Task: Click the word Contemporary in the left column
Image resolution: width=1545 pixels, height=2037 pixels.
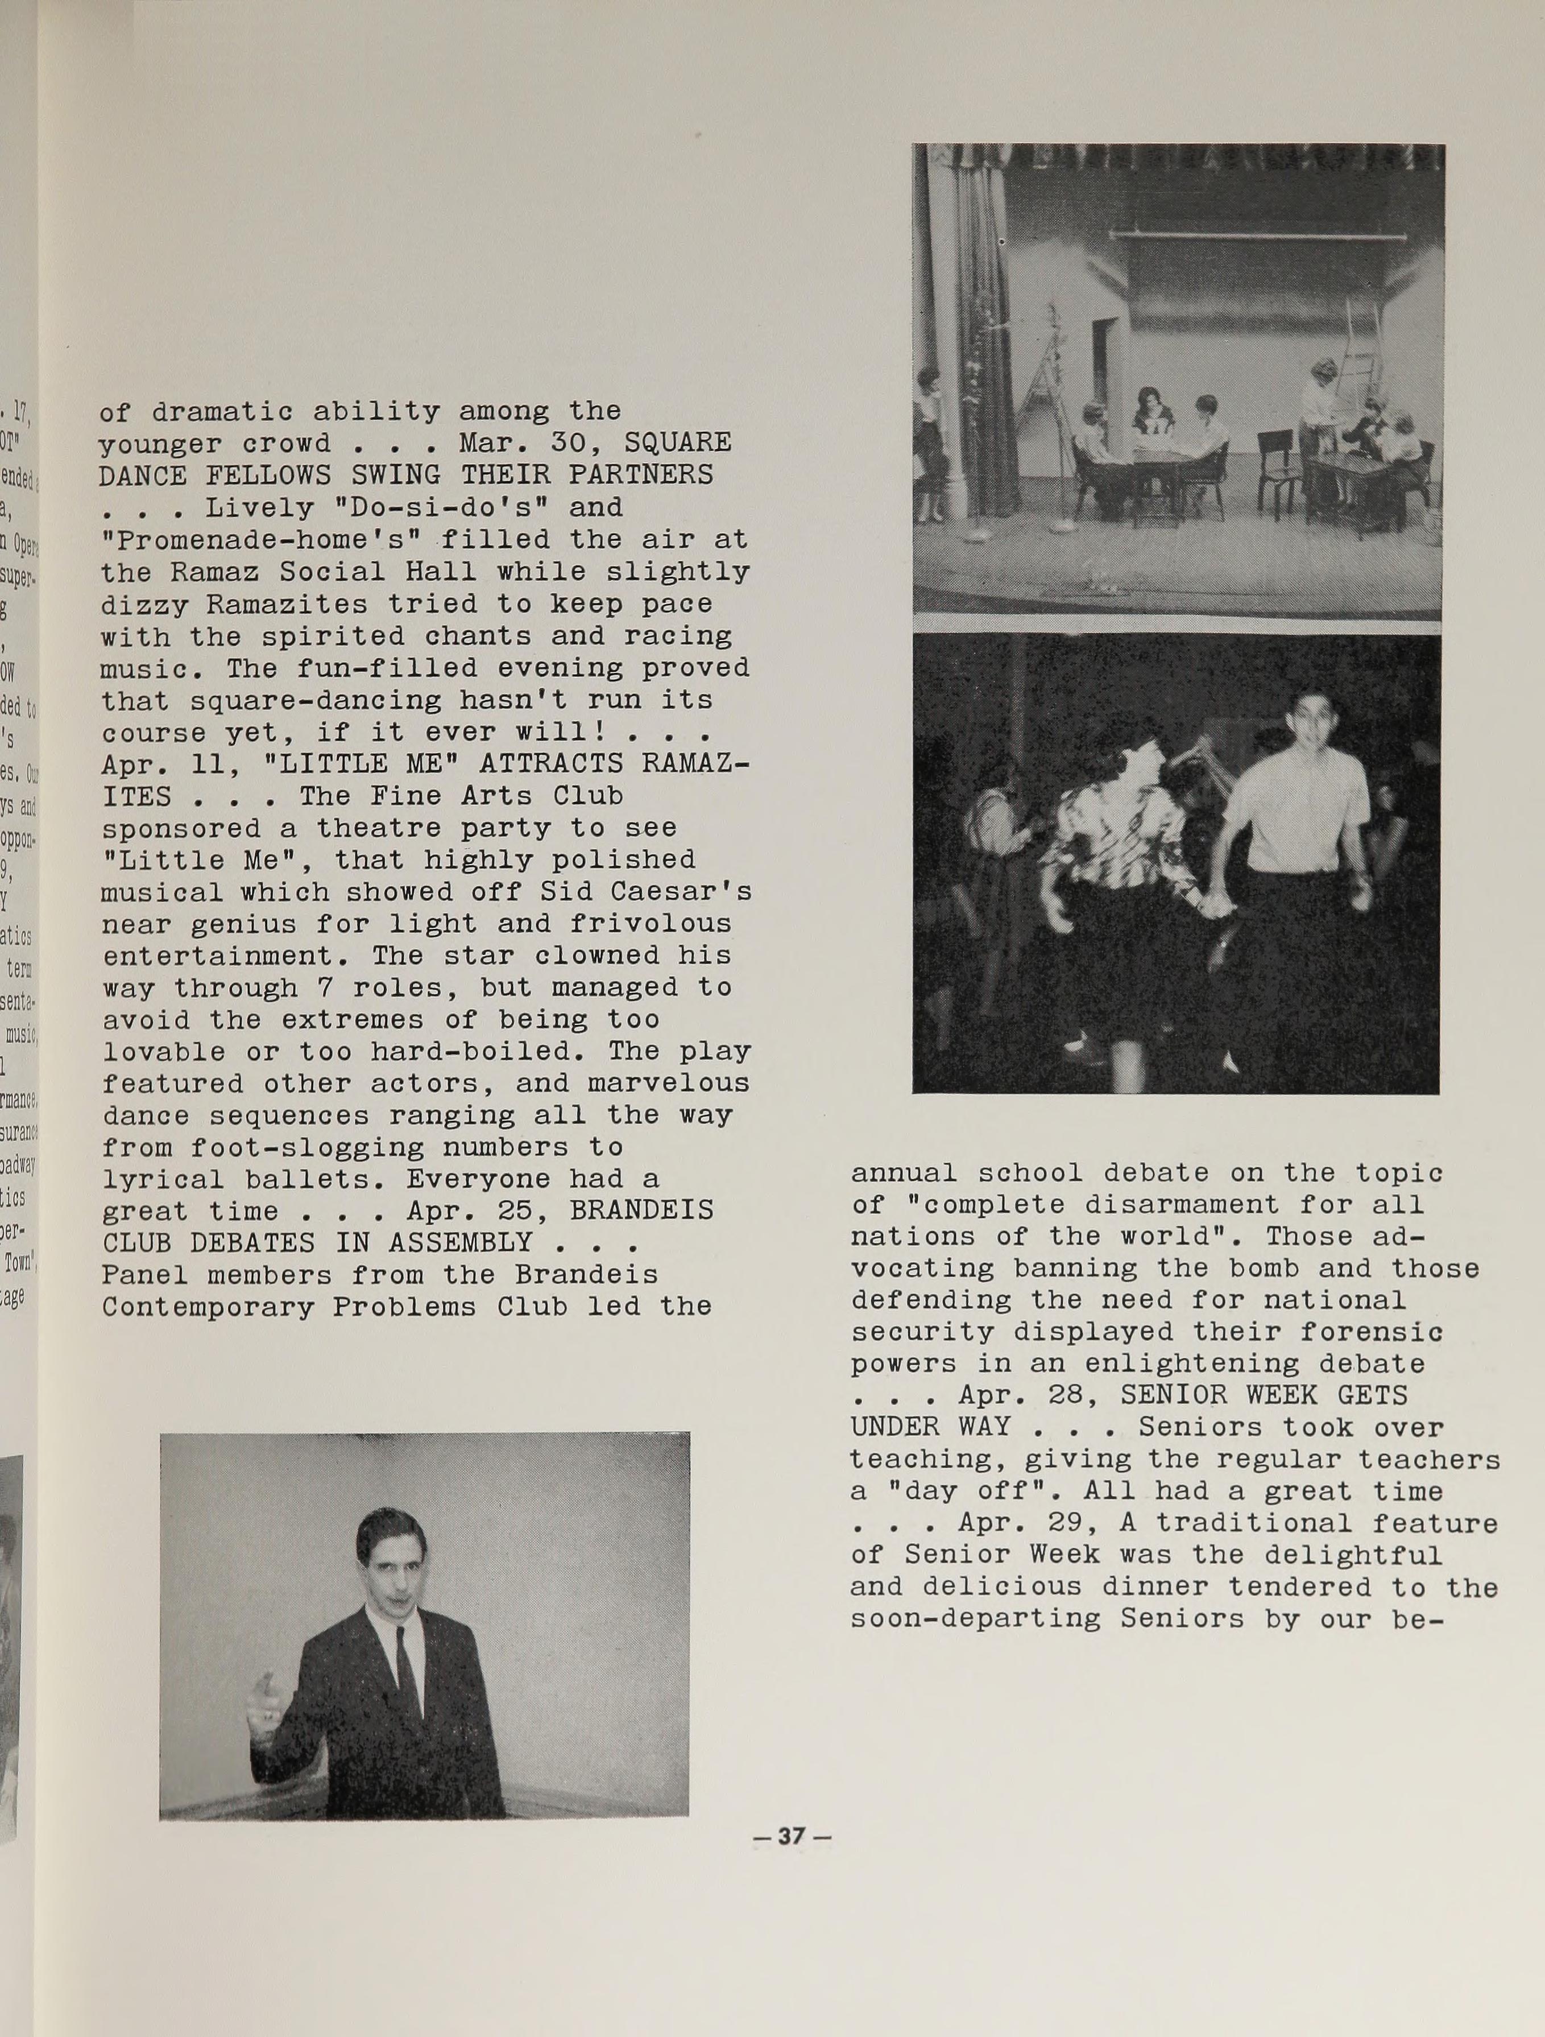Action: pyautogui.click(x=208, y=1307)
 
